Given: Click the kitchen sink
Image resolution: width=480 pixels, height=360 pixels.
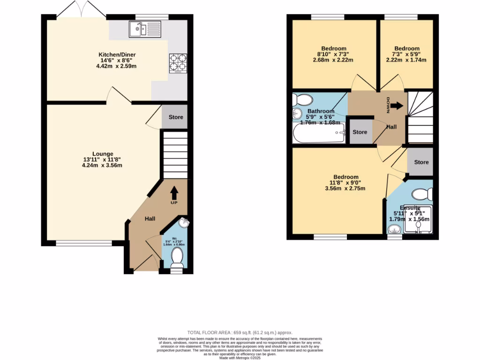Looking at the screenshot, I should (x=144, y=30).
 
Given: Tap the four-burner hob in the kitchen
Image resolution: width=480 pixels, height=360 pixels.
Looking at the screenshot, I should (x=178, y=63).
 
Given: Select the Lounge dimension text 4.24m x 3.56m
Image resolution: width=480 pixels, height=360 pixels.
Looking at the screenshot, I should (x=103, y=165).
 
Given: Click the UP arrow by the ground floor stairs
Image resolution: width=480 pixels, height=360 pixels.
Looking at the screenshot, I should (x=174, y=193).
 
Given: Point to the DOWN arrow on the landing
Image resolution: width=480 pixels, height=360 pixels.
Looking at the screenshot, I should (x=396, y=106).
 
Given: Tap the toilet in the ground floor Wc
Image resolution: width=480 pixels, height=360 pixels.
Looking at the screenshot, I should (x=177, y=257).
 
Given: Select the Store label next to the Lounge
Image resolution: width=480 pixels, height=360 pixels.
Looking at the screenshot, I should (x=176, y=117).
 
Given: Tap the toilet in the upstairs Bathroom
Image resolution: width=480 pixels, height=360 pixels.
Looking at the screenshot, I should (x=303, y=100).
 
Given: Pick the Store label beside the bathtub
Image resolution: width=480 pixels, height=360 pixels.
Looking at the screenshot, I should (x=360, y=132).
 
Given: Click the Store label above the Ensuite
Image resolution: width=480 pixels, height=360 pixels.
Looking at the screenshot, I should (x=421, y=162).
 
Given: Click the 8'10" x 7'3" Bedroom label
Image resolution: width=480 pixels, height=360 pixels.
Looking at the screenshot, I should (x=334, y=48).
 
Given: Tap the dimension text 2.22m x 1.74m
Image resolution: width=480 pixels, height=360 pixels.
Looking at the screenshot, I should (x=406, y=60).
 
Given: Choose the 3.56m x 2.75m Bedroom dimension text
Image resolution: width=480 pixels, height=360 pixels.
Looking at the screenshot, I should (x=345, y=188).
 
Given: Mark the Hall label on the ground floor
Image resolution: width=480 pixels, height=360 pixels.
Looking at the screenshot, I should (x=150, y=219).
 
